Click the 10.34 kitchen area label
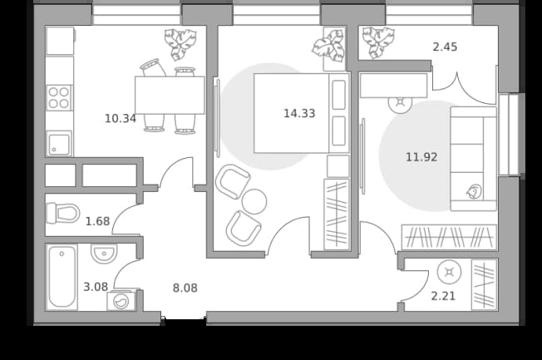tap(121, 119)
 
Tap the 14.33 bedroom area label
tap(299, 113)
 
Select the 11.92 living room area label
tap(421, 157)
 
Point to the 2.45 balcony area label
tap(445, 47)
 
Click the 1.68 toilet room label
tap(97, 221)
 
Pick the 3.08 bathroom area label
tap(96, 287)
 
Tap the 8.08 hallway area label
tap(185, 288)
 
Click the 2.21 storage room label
tap(443, 296)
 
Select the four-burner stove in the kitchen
tap(59, 98)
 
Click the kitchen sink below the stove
tap(59, 143)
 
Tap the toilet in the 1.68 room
tap(63, 213)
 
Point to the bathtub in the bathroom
tap(62, 277)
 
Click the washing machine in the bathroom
tap(121, 300)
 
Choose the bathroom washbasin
tap(104, 254)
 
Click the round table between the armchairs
tap(254, 201)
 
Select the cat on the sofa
tap(474, 191)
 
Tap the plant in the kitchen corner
tap(180, 43)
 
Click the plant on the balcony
tap(378, 42)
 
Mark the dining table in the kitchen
tap(170, 95)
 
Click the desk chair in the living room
tap(401, 103)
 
